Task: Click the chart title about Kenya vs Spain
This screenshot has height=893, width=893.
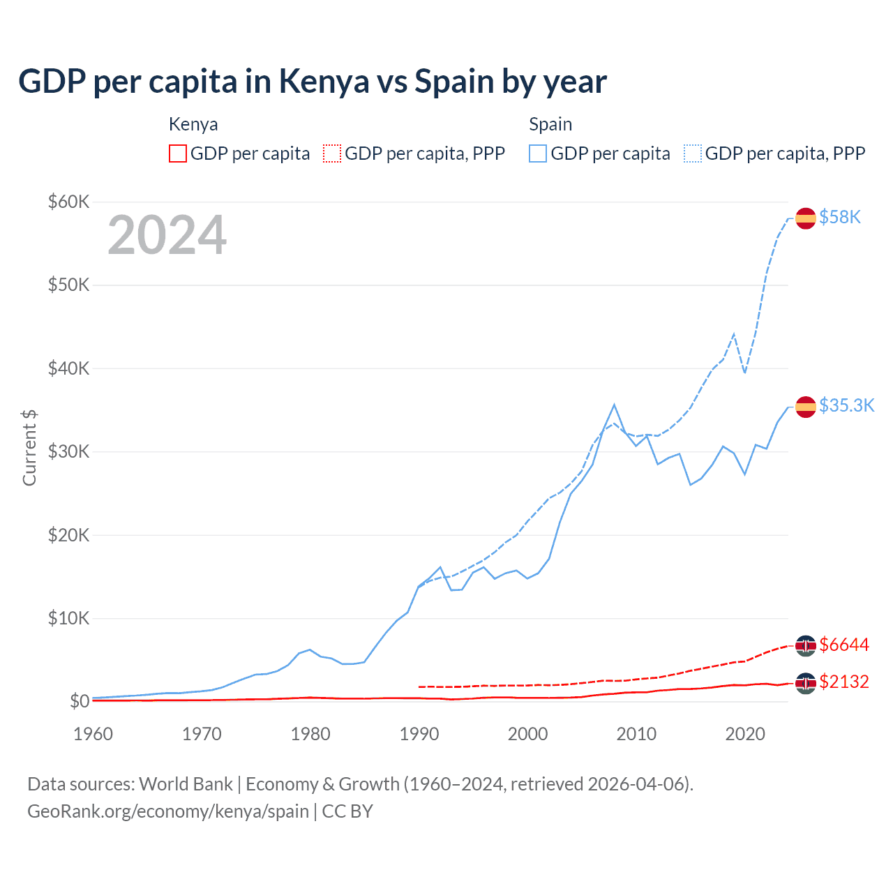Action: pos(313,82)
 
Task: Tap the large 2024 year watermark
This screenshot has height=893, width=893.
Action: pos(167,235)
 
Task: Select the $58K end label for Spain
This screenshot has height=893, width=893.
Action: pos(840,217)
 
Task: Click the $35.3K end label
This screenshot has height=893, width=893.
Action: pos(846,405)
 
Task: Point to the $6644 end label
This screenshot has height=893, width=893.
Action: pos(844,645)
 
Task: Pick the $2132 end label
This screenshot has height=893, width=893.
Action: pos(844,682)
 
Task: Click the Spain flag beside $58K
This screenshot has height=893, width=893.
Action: pos(806,218)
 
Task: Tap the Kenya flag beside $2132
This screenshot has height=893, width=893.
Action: pos(806,683)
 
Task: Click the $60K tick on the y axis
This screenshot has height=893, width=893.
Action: pos(69,202)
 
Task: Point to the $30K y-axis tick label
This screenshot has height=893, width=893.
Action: pos(69,451)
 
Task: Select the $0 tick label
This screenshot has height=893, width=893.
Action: pos(80,701)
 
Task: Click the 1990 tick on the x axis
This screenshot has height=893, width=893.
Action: pos(419,734)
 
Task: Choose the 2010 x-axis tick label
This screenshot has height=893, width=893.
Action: pos(636,734)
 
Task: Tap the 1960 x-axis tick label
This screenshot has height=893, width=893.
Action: pos(93,734)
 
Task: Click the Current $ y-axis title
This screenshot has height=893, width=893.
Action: pos(29,448)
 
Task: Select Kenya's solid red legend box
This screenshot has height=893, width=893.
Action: pos(178,153)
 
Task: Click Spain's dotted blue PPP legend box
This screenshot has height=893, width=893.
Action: pos(693,153)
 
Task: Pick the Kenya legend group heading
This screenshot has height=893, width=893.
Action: pos(193,124)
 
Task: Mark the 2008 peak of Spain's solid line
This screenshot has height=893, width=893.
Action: pos(614,405)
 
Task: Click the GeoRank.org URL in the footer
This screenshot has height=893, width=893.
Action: pos(168,811)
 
